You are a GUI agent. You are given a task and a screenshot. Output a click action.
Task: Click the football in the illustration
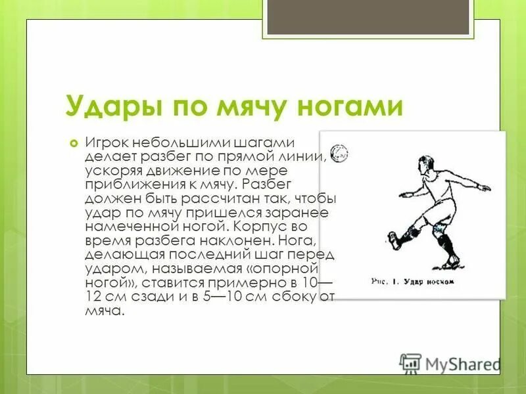pos(339,153)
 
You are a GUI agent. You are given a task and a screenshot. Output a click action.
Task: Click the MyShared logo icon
pos(410,363)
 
